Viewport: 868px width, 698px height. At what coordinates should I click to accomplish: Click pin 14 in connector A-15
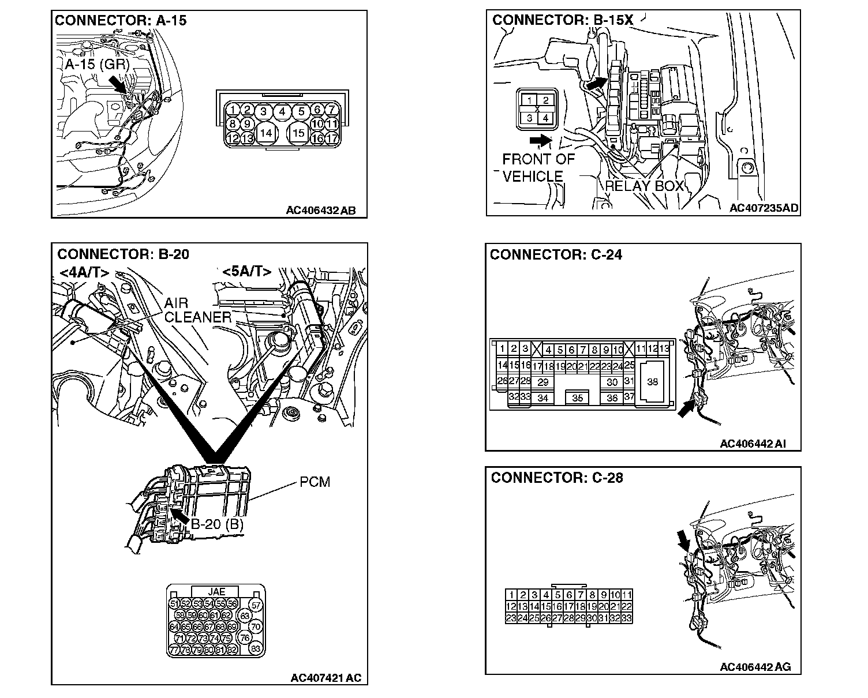(265, 133)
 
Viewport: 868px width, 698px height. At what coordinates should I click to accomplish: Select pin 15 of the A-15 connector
(298, 133)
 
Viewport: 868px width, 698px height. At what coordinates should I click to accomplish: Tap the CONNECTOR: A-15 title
(121, 21)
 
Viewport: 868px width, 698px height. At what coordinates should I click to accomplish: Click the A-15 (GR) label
(96, 64)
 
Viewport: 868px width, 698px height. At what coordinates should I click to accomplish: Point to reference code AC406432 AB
(321, 211)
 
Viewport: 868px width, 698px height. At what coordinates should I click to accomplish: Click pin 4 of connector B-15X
(545, 118)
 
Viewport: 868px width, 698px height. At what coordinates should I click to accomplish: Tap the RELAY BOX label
(644, 186)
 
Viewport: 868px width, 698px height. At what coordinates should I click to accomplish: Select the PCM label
(315, 482)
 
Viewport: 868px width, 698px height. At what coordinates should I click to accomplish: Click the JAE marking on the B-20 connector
(216, 591)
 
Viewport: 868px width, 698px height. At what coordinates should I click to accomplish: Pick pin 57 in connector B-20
(257, 605)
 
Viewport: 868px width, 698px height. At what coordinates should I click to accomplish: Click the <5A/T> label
(247, 271)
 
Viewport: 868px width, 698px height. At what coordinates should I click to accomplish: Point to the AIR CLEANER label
(198, 310)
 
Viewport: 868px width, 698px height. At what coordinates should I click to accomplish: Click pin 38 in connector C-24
(652, 382)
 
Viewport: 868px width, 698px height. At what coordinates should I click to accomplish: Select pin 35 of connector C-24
(577, 397)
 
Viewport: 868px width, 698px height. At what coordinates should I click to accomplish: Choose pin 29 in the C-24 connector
(542, 382)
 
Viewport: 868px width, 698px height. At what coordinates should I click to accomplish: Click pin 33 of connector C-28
(627, 618)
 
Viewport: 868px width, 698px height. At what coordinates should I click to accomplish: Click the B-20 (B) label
(218, 524)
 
